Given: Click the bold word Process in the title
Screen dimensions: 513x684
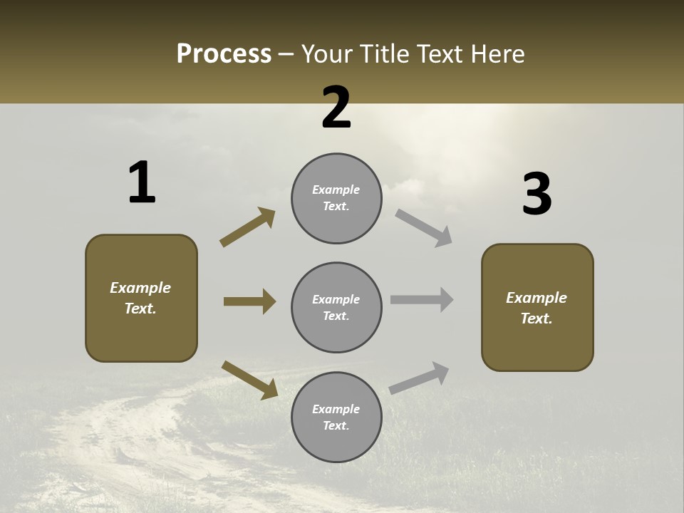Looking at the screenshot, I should (x=224, y=54).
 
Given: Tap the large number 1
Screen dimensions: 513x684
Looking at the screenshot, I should (x=142, y=182).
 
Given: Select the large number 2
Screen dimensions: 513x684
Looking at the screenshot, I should (x=336, y=108).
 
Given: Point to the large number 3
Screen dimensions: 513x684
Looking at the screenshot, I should (x=537, y=195).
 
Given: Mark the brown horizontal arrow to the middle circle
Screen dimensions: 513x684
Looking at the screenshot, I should (x=249, y=301).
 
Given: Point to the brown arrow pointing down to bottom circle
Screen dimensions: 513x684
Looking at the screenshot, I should (x=249, y=380).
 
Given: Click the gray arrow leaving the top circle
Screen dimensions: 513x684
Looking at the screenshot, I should (x=424, y=227).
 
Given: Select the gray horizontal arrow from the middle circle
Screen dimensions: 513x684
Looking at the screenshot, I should (x=422, y=300).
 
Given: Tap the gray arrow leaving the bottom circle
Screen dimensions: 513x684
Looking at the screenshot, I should (x=419, y=378).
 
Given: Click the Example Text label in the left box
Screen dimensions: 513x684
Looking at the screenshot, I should (x=140, y=298).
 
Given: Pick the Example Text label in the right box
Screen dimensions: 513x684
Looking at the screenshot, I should (x=537, y=308).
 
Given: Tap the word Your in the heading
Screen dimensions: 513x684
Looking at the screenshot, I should (x=328, y=54).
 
